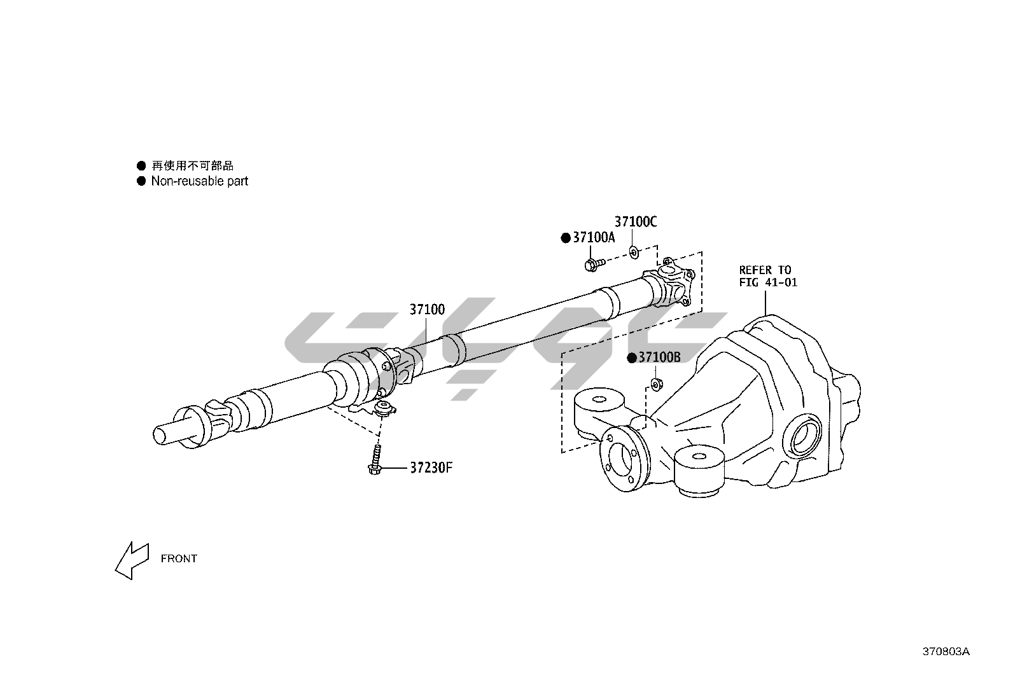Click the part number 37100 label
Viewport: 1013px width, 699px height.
[x=427, y=310]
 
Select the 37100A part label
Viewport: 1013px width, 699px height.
[x=594, y=237]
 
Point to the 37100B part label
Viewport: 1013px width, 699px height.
[x=659, y=357]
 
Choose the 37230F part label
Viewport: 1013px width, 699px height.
[x=431, y=467]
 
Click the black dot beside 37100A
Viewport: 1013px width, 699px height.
[x=565, y=238]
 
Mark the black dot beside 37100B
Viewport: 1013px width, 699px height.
[x=631, y=358]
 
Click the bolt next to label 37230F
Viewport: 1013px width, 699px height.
[x=375, y=461]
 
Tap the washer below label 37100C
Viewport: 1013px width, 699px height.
[x=634, y=252]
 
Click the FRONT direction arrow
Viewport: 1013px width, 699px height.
[x=131, y=560]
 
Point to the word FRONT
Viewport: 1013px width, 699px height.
[x=179, y=558]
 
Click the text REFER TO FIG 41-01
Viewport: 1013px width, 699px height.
[x=767, y=276]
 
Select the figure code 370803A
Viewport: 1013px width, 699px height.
[x=946, y=651]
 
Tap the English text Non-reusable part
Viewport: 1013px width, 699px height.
[x=199, y=181]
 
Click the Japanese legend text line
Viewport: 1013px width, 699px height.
[x=192, y=166]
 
